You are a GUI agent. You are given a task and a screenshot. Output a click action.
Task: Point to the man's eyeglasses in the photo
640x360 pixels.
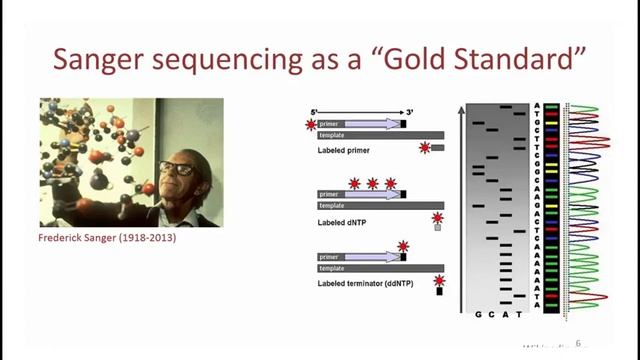coord(176,168)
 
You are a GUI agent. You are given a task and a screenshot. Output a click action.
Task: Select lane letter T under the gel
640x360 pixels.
coord(518,315)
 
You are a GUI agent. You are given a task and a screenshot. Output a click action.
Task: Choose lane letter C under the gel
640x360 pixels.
coord(492,315)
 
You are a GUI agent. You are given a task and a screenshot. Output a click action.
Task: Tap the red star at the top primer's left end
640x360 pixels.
coord(310,124)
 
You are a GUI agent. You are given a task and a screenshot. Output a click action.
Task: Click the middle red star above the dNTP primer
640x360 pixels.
coord(372,183)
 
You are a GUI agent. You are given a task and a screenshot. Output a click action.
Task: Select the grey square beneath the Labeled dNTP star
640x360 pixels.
coord(437,227)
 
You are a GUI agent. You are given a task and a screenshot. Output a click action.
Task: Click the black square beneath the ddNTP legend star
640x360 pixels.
coord(438,292)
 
